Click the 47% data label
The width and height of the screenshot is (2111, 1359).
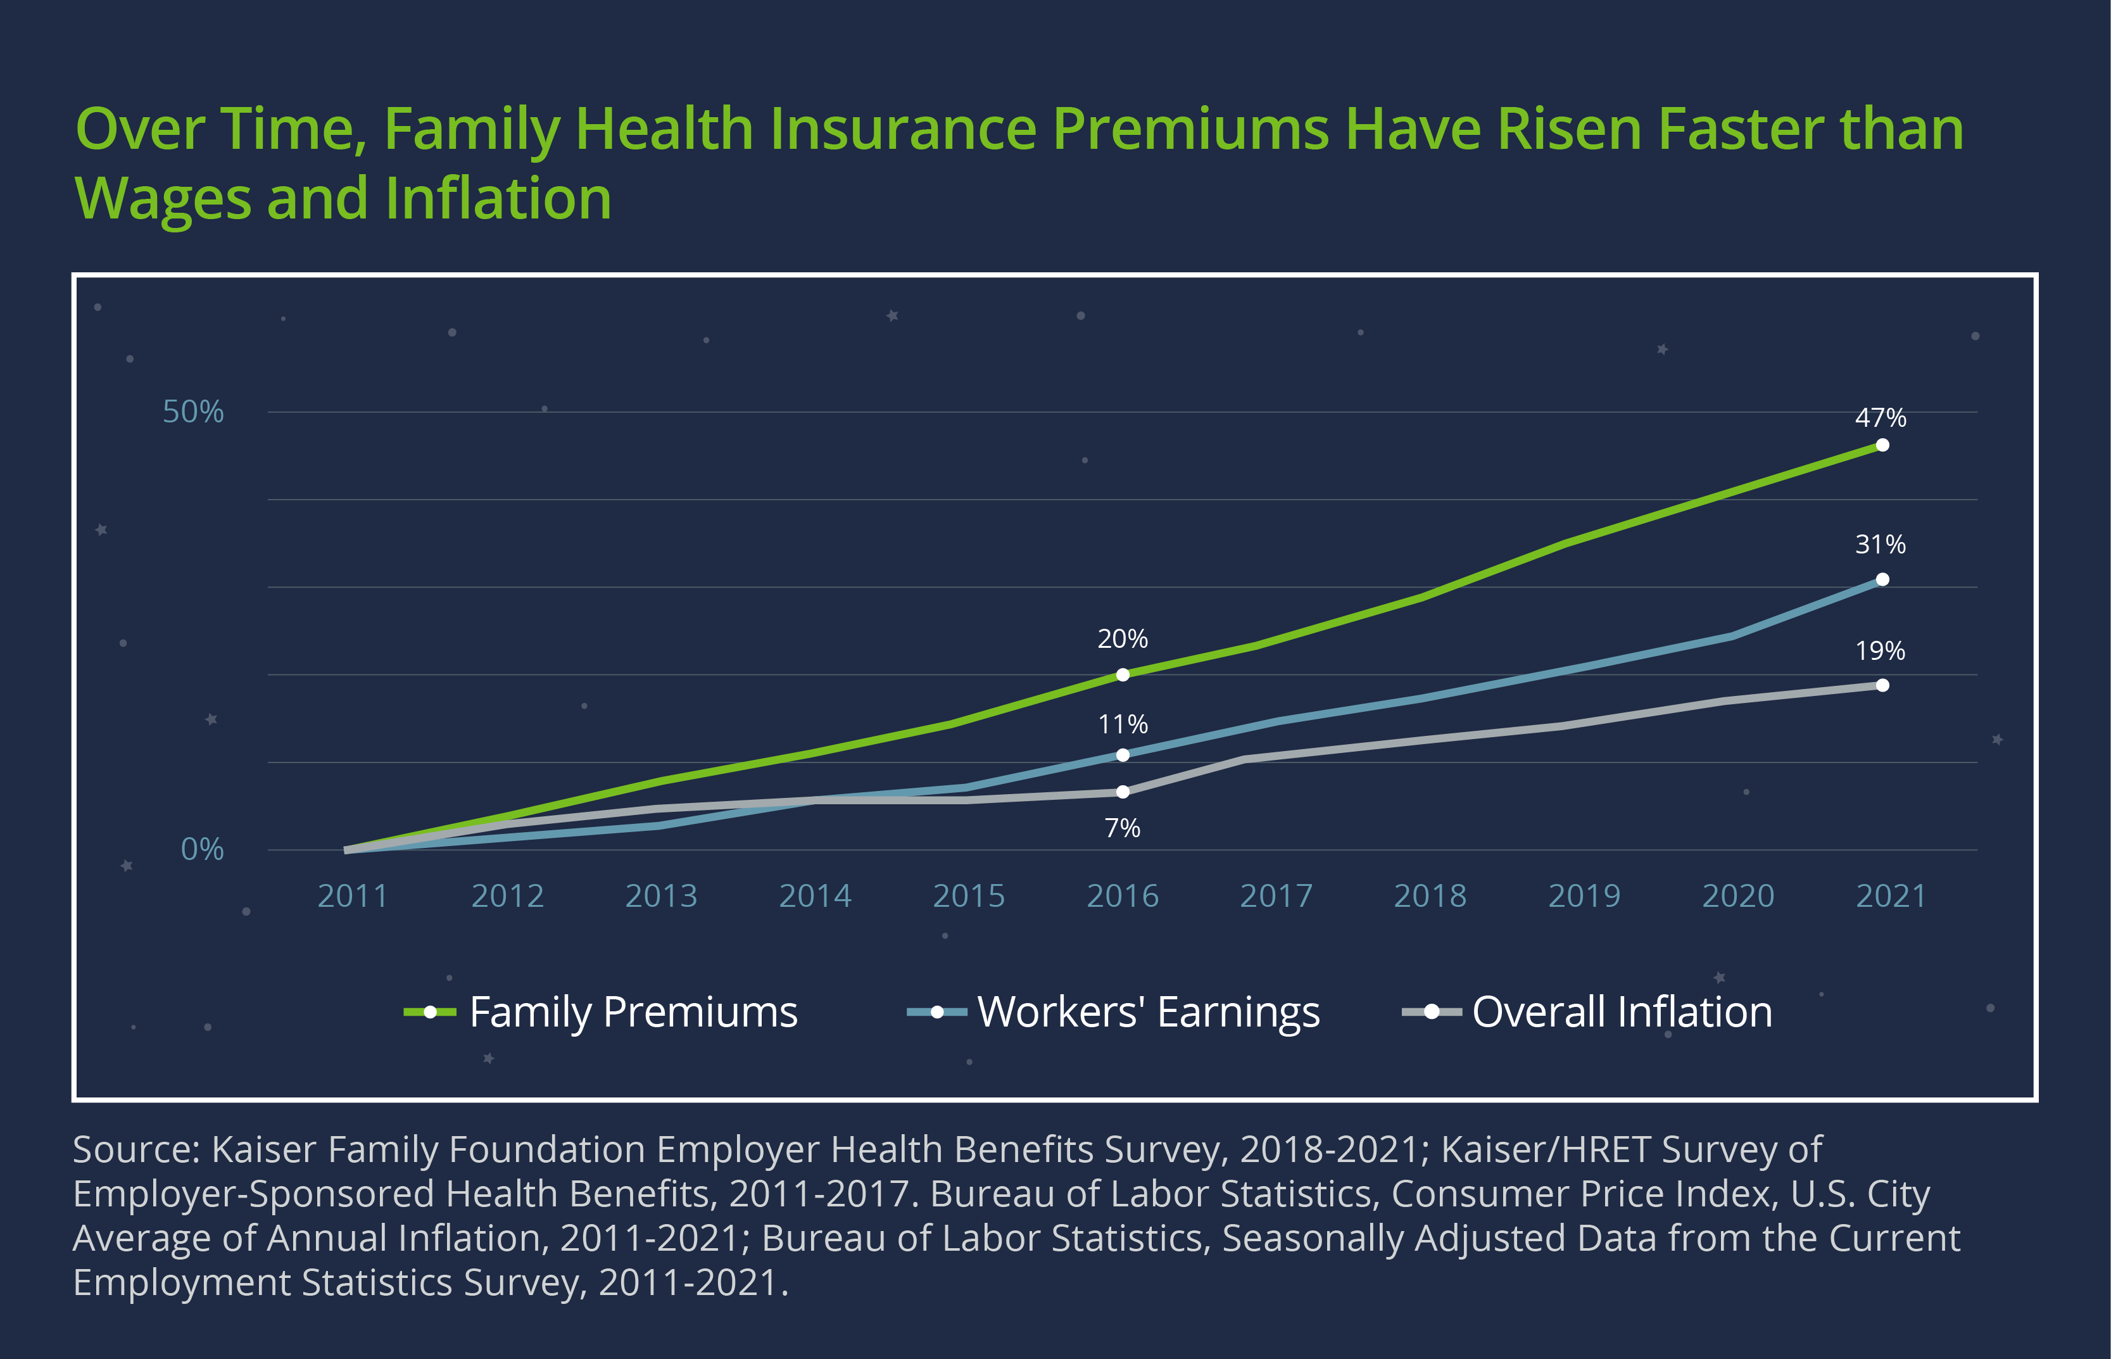click(1880, 417)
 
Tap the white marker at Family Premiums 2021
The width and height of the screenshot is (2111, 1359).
click(1882, 445)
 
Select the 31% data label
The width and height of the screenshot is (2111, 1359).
click(1880, 545)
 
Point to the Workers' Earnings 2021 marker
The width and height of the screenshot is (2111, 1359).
click(1882, 580)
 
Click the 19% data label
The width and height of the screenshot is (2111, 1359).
click(1880, 651)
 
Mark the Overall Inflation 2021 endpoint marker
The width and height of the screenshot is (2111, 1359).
click(1882, 685)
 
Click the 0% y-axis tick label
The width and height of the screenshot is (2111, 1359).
click(202, 849)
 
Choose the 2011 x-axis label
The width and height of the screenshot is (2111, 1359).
click(352, 897)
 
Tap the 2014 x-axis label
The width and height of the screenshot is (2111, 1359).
click(814, 897)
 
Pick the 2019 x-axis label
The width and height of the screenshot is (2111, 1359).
click(1584, 897)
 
